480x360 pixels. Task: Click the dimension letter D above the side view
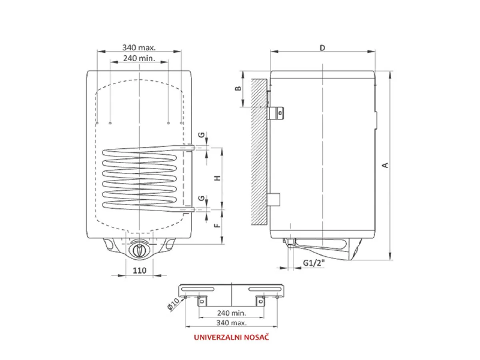click(x=322, y=48)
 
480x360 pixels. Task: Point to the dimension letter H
click(x=217, y=178)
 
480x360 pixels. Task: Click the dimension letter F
click(x=218, y=225)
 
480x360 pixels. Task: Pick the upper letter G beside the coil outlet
click(x=202, y=135)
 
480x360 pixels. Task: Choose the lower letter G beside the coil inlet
click(x=202, y=198)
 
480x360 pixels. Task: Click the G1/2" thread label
click(x=314, y=263)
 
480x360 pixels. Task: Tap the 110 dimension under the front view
click(x=140, y=271)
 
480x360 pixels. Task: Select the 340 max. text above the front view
click(x=139, y=48)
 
